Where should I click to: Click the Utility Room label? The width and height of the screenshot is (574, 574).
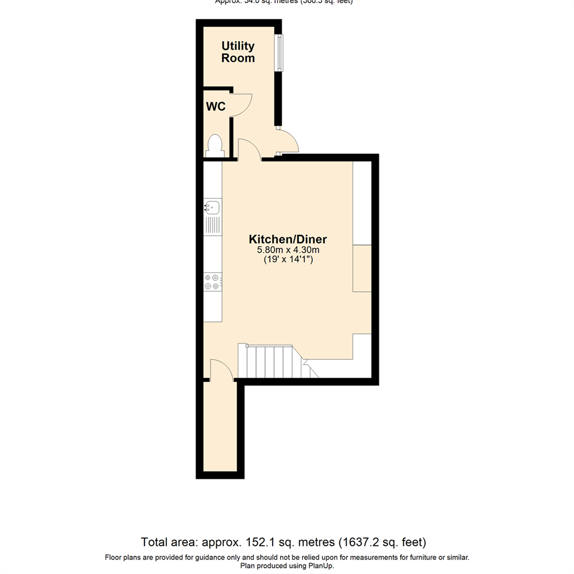pyautogui.click(x=238, y=52)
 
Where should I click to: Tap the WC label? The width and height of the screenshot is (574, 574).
pyautogui.click(x=216, y=106)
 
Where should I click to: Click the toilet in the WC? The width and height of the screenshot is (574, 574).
pyautogui.click(x=215, y=145)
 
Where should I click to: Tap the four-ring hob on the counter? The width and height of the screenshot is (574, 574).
pyautogui.click(x=212, y=282)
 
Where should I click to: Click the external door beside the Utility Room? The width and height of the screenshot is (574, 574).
pyautogui.click(x=290, y=141)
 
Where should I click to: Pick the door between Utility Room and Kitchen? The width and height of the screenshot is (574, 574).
pyautogui.click(x=248, y=150)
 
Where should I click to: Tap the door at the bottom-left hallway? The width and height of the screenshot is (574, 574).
pyautogui.click(x=221, y=370)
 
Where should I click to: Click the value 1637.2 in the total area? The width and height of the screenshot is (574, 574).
pyautogui.click(x=361, y=543)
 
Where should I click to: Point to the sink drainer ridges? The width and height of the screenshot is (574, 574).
pyautogui.click(x=213, y=225)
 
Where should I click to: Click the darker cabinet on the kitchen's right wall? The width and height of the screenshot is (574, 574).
pyautogui.click(x=362, y=268)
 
